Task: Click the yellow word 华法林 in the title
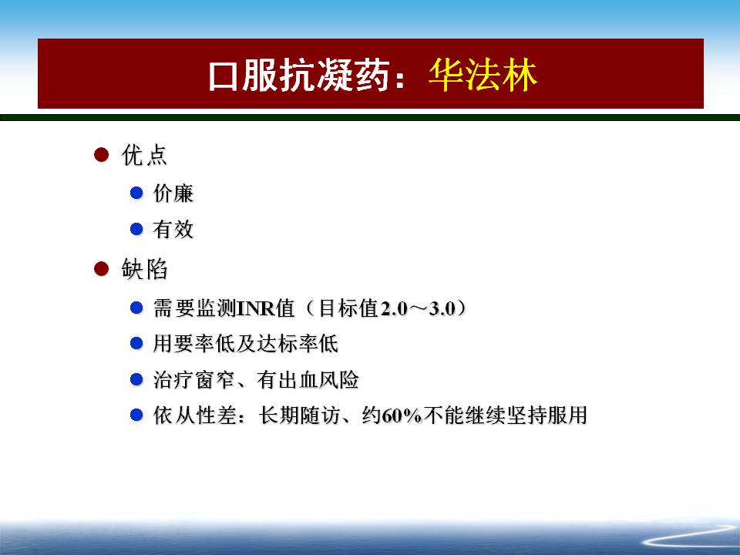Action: point(483,75)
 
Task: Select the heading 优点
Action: point(144,155)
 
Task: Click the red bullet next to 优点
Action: point(102,154)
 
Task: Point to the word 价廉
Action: point(173,193)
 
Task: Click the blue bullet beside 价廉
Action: point(136,193)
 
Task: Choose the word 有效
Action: point(173,230)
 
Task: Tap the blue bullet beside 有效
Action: point(136,229)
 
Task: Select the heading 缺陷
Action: point(144,269)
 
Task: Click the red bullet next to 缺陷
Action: point(102,268)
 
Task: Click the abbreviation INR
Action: point(255,308)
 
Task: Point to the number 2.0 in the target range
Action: point(394,308)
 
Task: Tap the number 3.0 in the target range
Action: point(442,308)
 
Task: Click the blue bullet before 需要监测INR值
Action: point(136,308)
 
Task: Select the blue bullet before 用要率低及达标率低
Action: point(136,343)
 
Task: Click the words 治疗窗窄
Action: point(194,380)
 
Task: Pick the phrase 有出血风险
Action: point(308,380)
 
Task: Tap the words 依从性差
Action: point(194,415)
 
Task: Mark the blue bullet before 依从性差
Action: point(136,415)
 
